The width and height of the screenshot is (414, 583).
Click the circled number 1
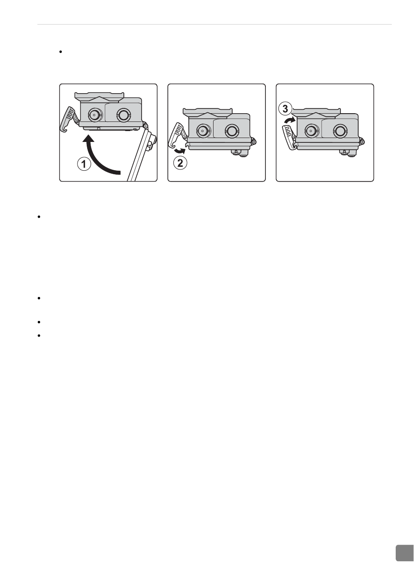pos(84,165)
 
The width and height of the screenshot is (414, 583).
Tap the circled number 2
pos(180,163)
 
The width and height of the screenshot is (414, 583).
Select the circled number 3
pos(285,109)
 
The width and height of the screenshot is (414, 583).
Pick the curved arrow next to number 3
pos(290,120)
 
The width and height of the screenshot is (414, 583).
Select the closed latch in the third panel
pos(290,137)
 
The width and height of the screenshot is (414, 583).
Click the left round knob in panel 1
pos(94,114)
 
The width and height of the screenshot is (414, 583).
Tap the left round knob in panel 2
pos(202,130)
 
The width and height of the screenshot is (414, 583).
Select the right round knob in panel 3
pos(339,130)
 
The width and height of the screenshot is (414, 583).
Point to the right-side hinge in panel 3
pos(361,142)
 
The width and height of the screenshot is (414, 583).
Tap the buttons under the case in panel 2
pos(240,152)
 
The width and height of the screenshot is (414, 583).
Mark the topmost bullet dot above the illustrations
pos(61,52)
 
